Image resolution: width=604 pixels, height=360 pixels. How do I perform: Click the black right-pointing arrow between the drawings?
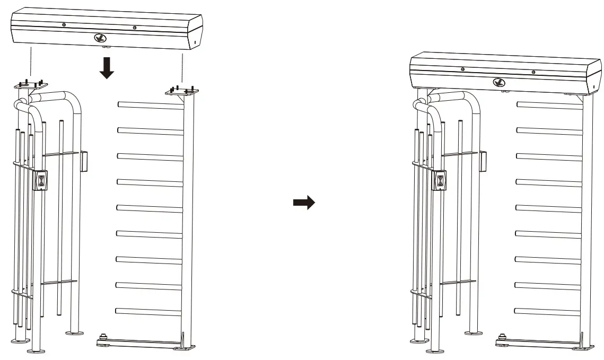click(304, 203)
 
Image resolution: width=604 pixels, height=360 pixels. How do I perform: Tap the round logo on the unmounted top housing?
click(99, 38)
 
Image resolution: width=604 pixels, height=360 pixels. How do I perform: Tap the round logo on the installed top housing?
click(498, 82)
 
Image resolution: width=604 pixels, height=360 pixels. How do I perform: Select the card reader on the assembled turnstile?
click(440, 180)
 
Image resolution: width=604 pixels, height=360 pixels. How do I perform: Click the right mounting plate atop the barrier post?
click(181, 91)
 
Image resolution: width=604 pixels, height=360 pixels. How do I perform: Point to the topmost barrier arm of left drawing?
click(150, 105)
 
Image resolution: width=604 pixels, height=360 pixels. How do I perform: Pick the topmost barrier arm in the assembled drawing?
click(549, 105)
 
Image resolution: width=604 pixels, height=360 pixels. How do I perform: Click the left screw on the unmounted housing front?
click(64, 24)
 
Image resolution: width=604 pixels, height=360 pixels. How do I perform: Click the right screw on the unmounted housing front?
click(135, 28)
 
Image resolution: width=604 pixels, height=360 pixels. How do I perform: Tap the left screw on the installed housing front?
click(463, 69)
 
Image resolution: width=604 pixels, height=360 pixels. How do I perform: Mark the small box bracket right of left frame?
click(84, 161)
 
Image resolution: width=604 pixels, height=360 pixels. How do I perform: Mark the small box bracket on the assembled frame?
click(483, 161)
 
